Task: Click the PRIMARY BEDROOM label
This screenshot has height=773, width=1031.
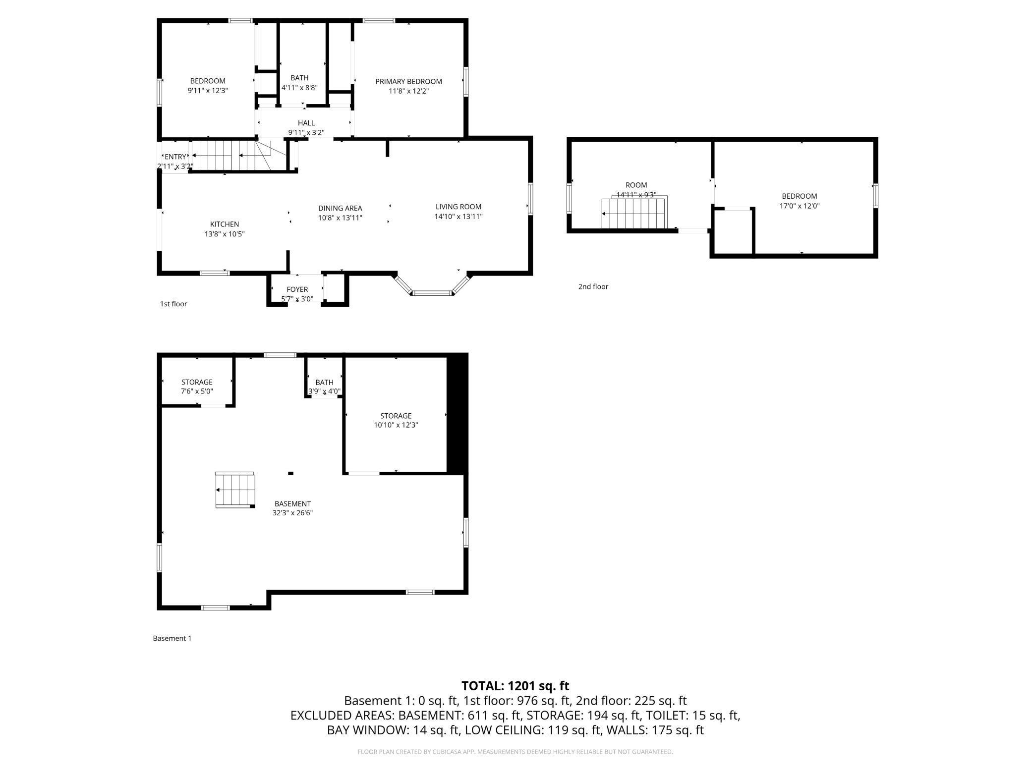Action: (408, 81)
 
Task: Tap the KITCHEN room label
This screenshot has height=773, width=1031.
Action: (225, 224)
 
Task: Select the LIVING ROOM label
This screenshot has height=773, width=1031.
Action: (458, 207)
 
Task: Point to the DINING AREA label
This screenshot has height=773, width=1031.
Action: (340, 208)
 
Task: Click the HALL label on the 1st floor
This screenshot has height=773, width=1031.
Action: (306, 123)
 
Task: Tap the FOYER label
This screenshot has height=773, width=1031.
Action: (297, 289)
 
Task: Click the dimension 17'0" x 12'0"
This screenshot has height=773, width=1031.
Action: (800, 206)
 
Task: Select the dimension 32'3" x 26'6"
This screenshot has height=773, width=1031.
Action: (292, 513)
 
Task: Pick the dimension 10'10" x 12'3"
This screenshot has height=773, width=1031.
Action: (396, 425)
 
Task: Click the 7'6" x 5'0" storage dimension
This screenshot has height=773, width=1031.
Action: (197, 391)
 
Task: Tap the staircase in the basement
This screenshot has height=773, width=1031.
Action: (235, 490)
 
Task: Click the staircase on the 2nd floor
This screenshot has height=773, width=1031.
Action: (635, 212)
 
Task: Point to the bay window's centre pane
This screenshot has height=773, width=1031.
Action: (432, 293)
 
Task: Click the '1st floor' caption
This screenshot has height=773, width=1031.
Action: (173, 304)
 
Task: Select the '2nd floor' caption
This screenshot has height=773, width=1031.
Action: (593, 286)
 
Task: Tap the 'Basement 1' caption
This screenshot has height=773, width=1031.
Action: (172, 638)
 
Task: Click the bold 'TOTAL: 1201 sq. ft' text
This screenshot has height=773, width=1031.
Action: (515, 686)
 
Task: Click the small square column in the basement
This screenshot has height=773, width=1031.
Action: (291, 473)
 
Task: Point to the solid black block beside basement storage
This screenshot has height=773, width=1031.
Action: (458, 414)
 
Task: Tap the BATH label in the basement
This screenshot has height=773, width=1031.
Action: (324, 382)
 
